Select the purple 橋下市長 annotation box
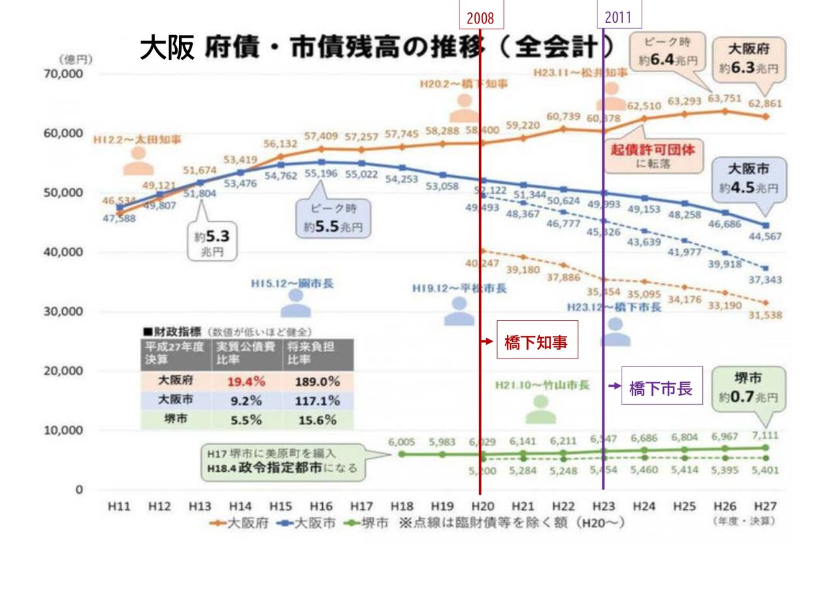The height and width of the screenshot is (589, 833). tap(661, 389)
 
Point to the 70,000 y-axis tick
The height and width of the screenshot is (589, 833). tap(64, 74)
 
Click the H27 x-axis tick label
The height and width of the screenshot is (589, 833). tap(765, 506)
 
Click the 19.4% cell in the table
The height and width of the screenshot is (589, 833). tap(245, 381)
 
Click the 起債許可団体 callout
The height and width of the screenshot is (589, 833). tap(653, 155)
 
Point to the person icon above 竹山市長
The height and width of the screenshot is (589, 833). tap(541, 409)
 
